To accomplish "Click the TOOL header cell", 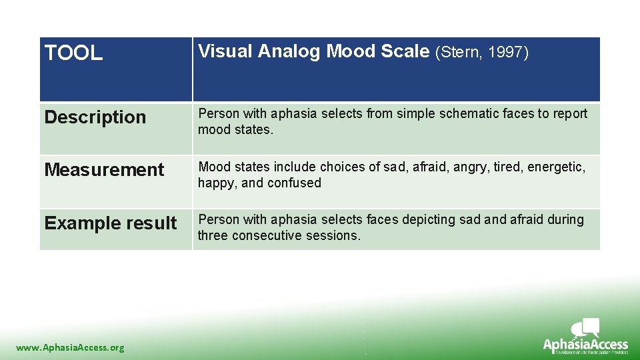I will (73, 53).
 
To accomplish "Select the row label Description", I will (95, 117).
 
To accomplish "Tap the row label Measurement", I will (104, 170).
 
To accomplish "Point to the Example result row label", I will (111, 223).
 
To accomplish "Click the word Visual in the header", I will (225, 52).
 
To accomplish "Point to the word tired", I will (507, 167).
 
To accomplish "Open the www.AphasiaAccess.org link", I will (70, 347).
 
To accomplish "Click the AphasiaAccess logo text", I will (585, 345).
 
